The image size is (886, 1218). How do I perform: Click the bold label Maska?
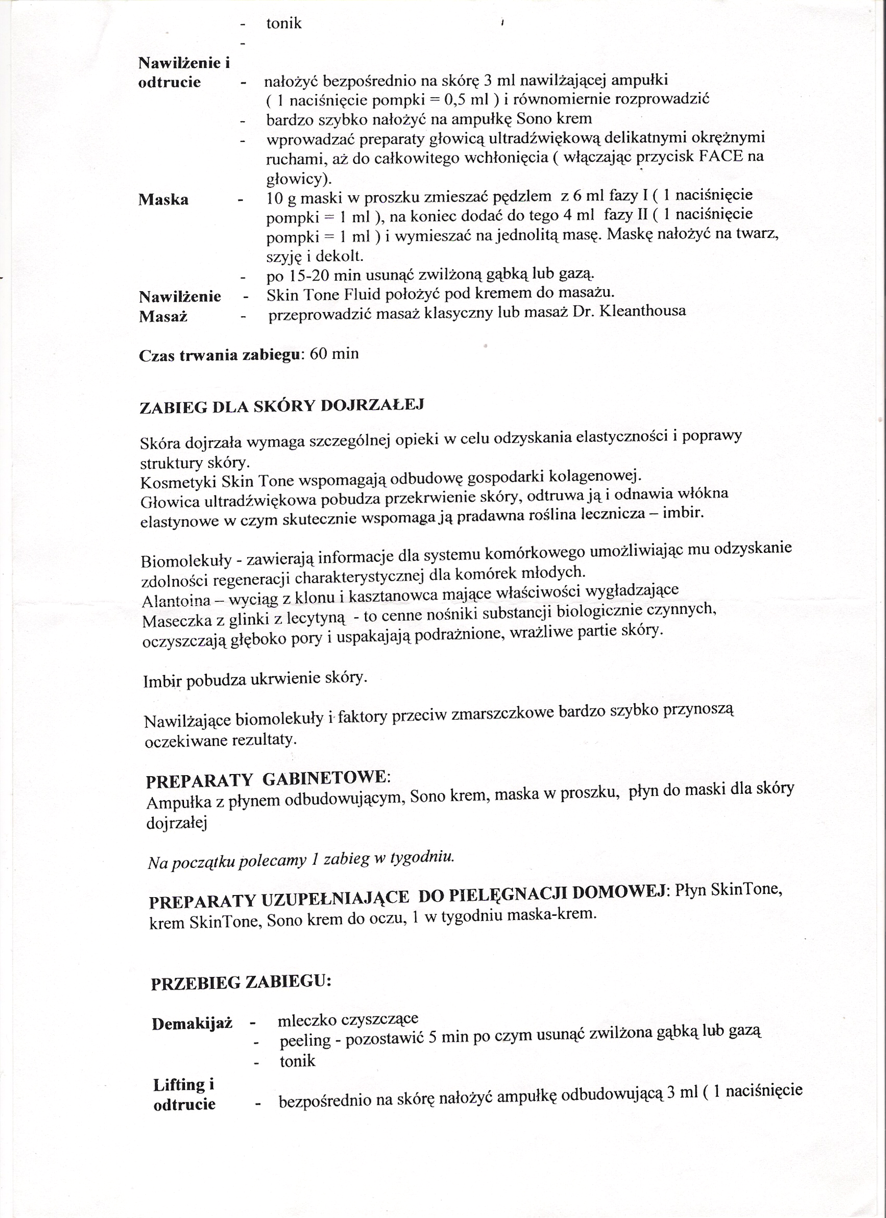163,200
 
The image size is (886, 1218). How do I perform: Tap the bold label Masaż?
163,317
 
